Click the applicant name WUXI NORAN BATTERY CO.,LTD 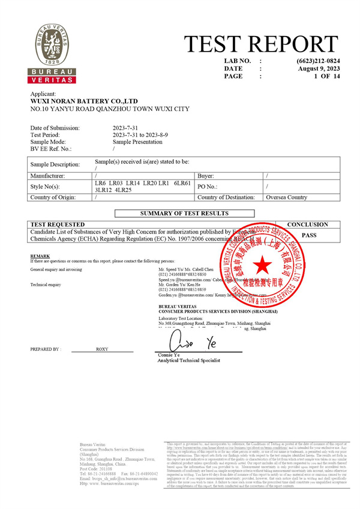point(84,101)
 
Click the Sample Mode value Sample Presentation point(137,142)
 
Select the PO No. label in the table point(209,187)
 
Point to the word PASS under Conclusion point(309,236)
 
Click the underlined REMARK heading point(39,256)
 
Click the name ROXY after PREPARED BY point(103,349)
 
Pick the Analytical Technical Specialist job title point(189,360)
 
